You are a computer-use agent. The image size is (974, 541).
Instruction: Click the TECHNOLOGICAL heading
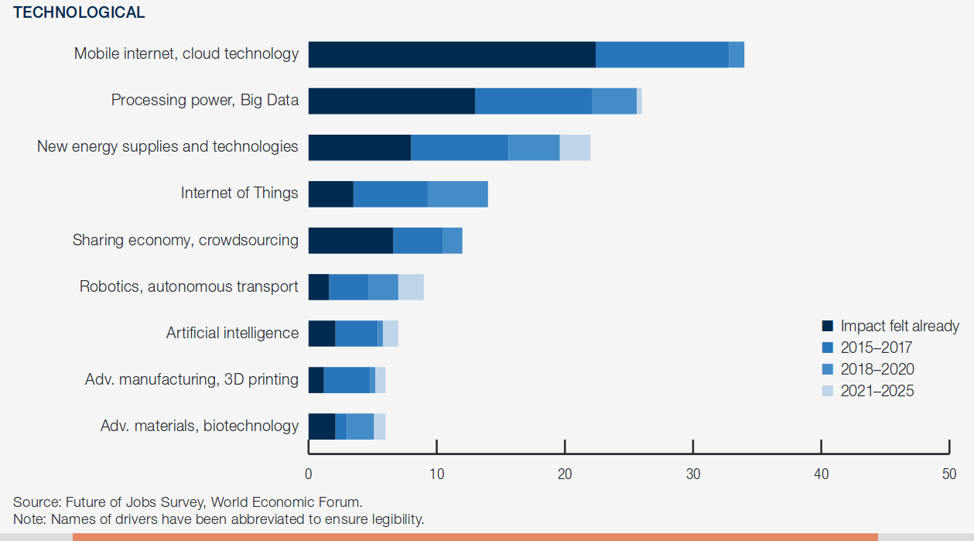pos(79,12)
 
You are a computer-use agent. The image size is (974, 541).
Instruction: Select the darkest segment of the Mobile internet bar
pos(452,55)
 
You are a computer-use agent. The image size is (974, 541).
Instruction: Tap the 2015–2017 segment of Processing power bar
pos(533,101)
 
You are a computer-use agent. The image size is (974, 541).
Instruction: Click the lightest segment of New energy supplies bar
pos(575,148)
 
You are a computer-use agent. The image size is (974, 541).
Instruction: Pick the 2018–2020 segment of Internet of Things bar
pos(457,194)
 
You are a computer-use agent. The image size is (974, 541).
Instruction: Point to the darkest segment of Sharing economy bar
pos(350,241)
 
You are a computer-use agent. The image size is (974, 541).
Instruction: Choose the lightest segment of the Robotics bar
pos(411,287)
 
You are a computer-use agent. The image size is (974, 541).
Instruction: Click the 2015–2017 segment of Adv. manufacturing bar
pos(347,380)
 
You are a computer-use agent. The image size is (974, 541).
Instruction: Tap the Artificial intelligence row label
pos(232,333)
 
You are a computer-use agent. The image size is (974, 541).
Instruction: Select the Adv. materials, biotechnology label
pos(200,426)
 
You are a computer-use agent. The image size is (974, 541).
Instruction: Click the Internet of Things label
pos(239,193)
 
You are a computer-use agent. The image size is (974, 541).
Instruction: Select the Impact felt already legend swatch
pos(827,327)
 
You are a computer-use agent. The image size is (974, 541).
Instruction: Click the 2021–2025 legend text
pos(877,391)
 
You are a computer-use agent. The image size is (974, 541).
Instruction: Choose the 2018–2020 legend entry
pos(877,369)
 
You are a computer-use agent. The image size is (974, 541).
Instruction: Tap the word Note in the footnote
pos(27,519)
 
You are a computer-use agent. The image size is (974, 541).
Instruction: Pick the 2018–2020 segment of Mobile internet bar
pos(736,55)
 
